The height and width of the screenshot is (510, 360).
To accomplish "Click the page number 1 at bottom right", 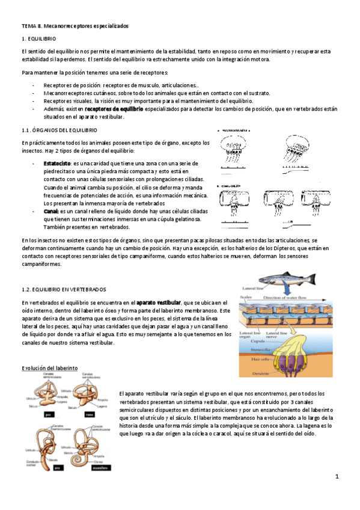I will tap(337, 477).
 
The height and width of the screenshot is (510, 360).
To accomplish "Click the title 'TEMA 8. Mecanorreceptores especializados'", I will tap(75, 26).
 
